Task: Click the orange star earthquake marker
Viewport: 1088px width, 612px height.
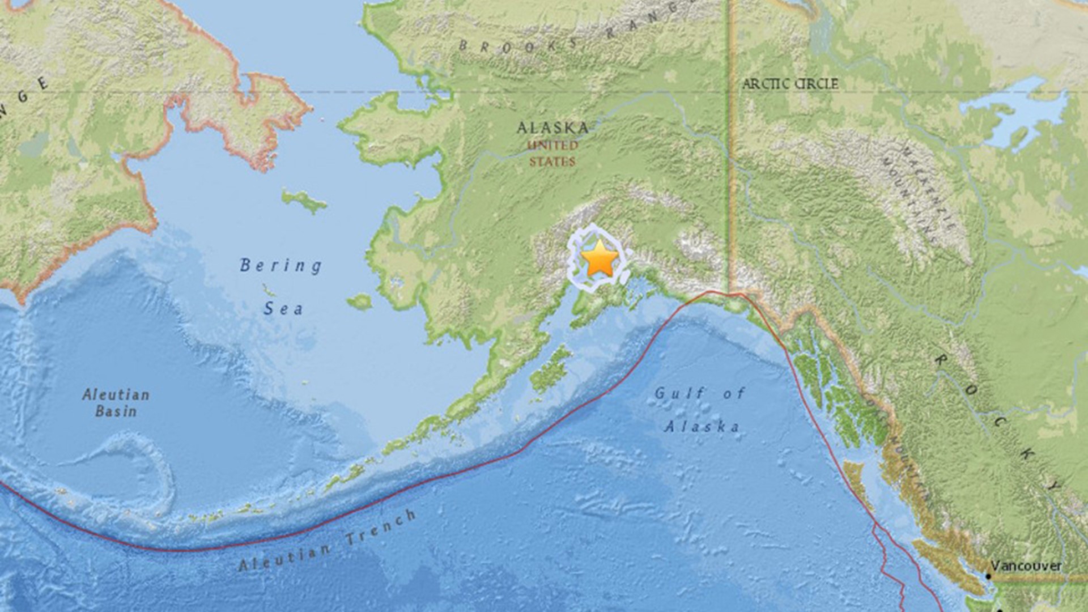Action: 600,258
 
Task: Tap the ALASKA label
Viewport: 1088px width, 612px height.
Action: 552,127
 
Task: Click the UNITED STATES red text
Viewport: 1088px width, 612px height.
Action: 552,153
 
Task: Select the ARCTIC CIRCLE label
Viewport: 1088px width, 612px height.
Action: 790,84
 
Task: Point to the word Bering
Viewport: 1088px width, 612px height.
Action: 281,265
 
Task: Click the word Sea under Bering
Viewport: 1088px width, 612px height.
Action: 283,309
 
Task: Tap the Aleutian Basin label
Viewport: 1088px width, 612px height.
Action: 116,402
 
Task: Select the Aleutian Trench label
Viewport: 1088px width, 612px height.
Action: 327,541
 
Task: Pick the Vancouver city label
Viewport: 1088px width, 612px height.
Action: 1026,566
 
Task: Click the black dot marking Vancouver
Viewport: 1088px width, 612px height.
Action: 988,576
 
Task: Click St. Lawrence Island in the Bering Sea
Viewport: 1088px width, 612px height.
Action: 304,201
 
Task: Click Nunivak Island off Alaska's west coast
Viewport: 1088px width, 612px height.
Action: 359,301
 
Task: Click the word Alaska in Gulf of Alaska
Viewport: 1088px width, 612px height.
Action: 702,427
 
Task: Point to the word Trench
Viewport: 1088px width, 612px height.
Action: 381,527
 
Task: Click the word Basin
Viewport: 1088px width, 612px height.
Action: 116,411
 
